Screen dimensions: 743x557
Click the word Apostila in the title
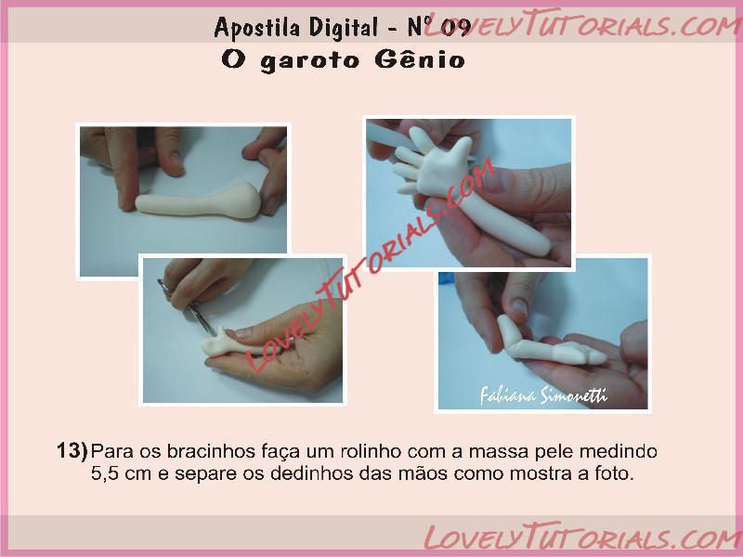pyautogui.click(x=257, y=27)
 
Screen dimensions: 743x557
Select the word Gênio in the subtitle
pyautogui.click(x=420, y=59)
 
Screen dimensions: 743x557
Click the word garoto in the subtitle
pyautogui.click(x=310, y=61)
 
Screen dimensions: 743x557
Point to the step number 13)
pyautogui.click(x=72, y=450)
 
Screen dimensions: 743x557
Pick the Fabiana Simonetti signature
pyautogui.click(x=543, y=395)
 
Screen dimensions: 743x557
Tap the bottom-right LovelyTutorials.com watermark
pyautogui.click(x=583, y=538)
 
